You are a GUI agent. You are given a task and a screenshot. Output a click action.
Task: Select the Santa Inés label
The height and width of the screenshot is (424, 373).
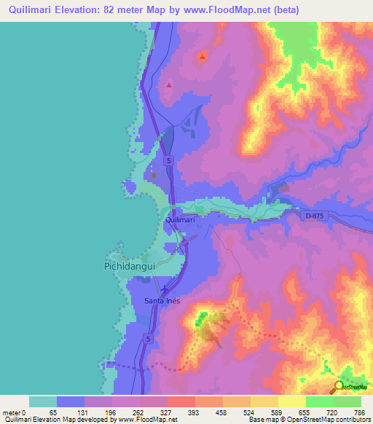(162, 300)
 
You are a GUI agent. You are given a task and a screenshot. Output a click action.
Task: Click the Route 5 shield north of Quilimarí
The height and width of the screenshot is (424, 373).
(168, 160)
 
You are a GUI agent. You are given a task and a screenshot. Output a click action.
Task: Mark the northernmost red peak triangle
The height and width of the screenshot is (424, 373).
(202, 56)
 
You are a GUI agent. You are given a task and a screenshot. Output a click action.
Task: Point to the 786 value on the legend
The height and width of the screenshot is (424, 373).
(359, 412)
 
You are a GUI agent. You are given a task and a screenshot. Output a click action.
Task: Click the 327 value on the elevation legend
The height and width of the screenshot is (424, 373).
(167, 412)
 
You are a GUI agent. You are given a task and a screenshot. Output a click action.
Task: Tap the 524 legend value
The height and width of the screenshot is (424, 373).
(249, 412)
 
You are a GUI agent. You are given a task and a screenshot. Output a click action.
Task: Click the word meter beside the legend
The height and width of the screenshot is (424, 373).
(11, 412)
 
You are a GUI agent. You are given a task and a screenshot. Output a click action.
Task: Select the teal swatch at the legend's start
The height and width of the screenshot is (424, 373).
(42, 401)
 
